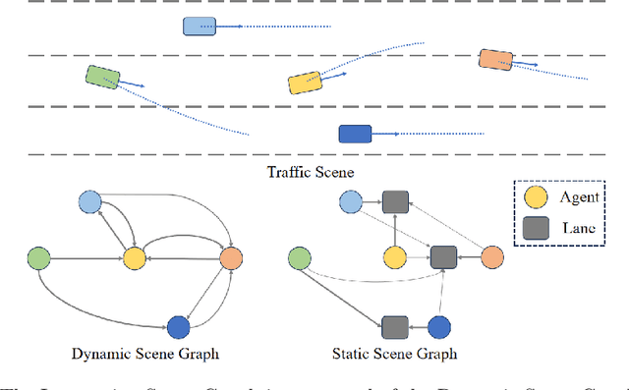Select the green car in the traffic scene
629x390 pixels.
(102, 77)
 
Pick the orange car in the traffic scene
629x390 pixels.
(494, 60)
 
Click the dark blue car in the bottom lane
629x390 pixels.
(354, 133)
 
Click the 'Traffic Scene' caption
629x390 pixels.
(311, 172)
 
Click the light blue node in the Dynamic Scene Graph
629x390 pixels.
(89, 202)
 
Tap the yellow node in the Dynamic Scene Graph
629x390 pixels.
(134, 257)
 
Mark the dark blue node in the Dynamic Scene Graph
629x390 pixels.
(178, 326)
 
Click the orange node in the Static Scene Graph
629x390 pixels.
(491, 257)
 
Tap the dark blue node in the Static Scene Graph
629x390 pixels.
(439, 326)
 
